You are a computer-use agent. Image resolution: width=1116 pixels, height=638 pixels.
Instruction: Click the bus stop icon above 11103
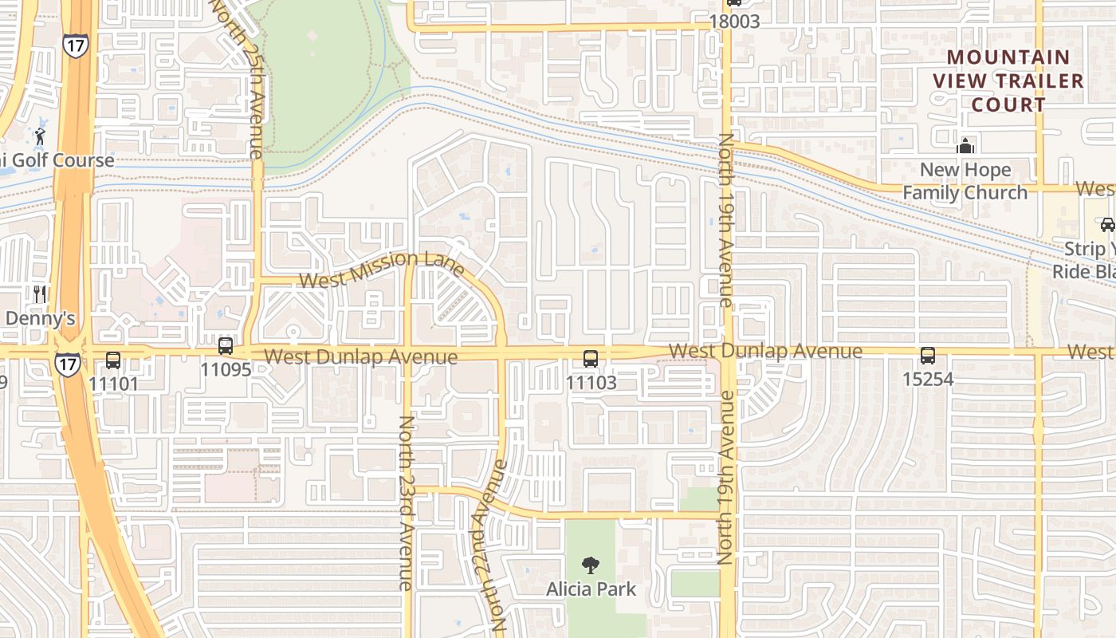click(x=591, y=359)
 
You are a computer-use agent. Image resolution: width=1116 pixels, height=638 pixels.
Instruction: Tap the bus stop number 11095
click(x=226, y=369)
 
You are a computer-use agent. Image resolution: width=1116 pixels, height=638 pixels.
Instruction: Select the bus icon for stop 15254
click(x=928, y=356)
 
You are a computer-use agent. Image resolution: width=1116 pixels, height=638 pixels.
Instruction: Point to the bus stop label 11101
click(x=113, y=383)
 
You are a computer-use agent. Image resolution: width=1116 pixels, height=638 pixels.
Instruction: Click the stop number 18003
click(x=734, y=22)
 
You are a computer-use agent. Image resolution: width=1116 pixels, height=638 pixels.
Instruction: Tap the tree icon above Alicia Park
click(x=591, y=566)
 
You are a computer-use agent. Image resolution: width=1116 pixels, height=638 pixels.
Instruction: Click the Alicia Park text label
click(x=591, y=589)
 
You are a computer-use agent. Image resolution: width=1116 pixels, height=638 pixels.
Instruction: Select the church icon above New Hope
click(x=965, y=146)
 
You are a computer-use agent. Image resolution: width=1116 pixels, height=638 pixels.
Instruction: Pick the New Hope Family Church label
click(x=965, y=181)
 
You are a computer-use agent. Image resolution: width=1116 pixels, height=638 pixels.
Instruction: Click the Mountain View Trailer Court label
click(x=1008, y=81)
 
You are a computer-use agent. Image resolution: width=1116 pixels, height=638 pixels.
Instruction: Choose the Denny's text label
click(x=40, y=318)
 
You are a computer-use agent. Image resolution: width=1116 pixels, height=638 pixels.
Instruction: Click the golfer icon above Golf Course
click(x=40, y=136)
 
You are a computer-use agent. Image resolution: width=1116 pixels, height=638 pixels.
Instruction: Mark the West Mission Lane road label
click(x=382, y=269)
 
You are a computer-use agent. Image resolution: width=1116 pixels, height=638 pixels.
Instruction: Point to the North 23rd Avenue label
click(x=406, y=502)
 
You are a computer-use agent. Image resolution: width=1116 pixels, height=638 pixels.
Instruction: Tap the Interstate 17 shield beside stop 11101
click(x=67, y=364)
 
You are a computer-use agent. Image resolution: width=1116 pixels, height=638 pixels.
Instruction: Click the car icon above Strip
click(x=1107, y=224)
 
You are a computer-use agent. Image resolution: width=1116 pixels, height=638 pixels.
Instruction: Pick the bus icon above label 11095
click(x=226, y=346)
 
